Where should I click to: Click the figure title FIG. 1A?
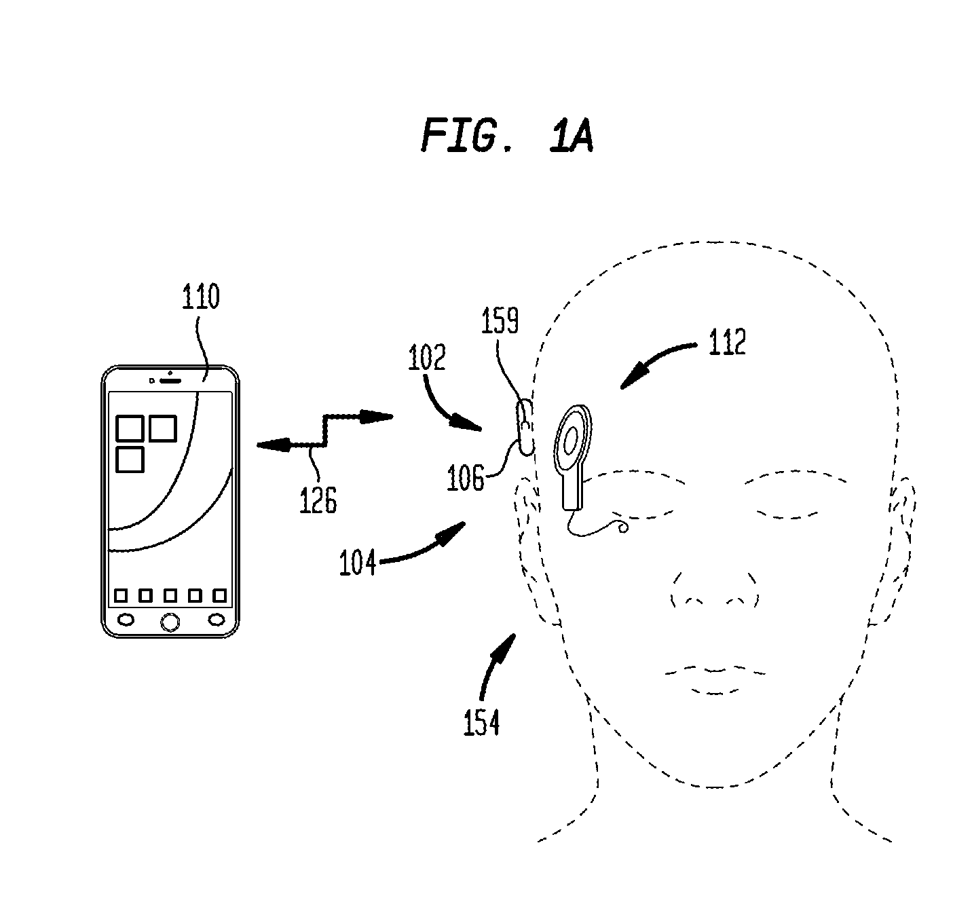(508, 136)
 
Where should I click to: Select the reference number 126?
(318, 500)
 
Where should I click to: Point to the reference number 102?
(427, 358)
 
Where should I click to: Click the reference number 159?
(500, 321)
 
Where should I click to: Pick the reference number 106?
(466, 478)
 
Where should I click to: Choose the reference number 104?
(358, 563)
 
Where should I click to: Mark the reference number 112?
(727, 341)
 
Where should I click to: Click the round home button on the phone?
(170, 622)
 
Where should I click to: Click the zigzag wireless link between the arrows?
(324, 431)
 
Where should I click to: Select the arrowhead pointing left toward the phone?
(271, 445)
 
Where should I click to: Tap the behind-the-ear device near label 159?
(525, 428)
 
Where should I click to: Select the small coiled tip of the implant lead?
(623, 528)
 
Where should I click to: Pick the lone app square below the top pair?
(130, 460)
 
